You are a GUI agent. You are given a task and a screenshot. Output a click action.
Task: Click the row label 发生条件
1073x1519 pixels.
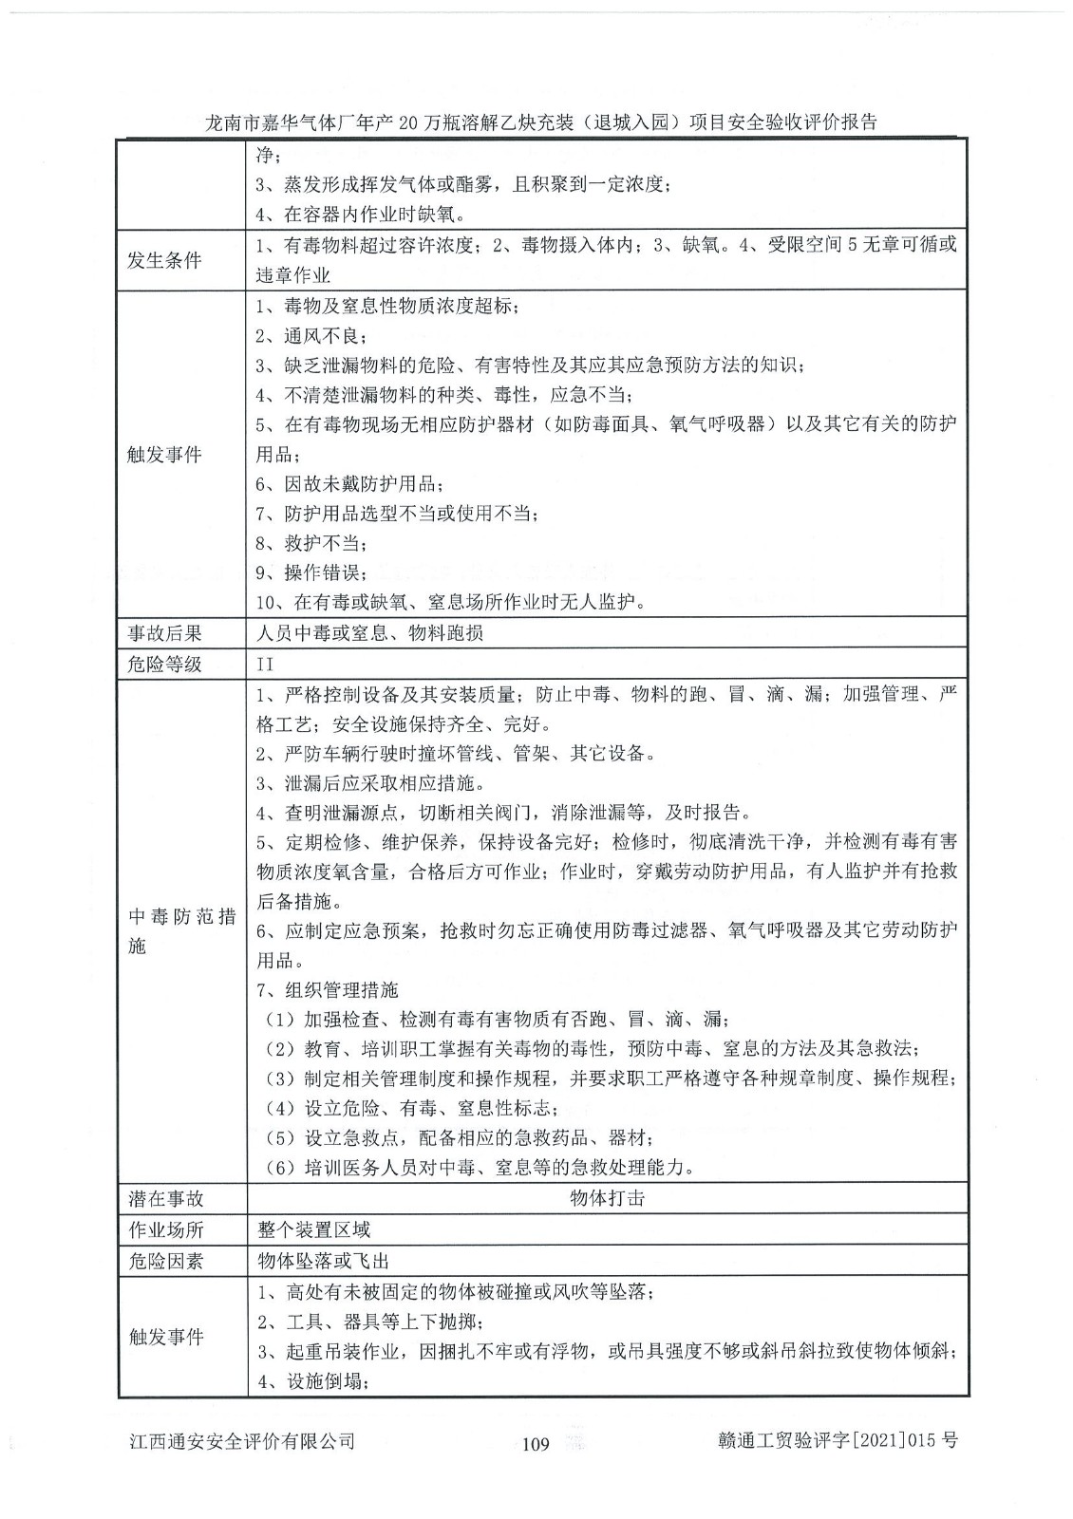coord(164,260)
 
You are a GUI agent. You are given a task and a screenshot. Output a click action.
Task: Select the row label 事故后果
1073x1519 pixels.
coord(164,632)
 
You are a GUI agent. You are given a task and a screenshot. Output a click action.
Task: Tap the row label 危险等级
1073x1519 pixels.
coord(164,664)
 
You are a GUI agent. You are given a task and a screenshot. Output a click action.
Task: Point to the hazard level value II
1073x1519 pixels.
coord(265,664)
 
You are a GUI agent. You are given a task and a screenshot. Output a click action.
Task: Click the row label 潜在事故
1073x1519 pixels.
coord(165,1198)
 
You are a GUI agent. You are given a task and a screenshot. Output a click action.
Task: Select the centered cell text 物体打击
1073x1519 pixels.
coord(607,1198)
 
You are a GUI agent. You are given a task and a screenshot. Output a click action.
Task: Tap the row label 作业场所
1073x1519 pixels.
coord(165,1229)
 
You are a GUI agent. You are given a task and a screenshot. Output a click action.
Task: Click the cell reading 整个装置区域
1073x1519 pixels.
coord(313,1229)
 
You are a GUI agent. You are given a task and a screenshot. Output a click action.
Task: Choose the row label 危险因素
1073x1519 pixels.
coord(165,1261)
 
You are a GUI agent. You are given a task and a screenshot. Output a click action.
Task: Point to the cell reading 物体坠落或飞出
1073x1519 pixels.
coord(323,1261)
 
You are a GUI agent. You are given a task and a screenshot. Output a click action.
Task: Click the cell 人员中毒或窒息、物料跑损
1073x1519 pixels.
coord(370,632)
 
